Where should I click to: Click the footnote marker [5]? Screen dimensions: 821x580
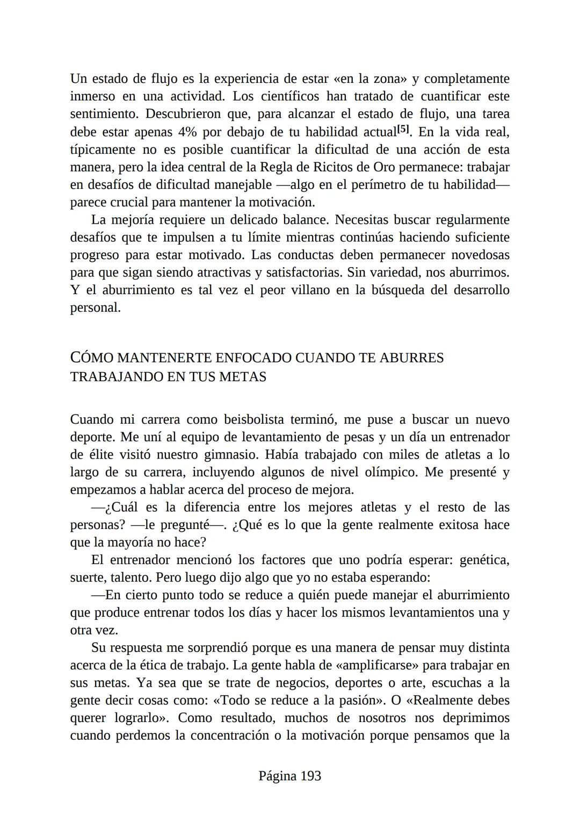(403, 130)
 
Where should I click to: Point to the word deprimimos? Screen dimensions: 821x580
(476, 718)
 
